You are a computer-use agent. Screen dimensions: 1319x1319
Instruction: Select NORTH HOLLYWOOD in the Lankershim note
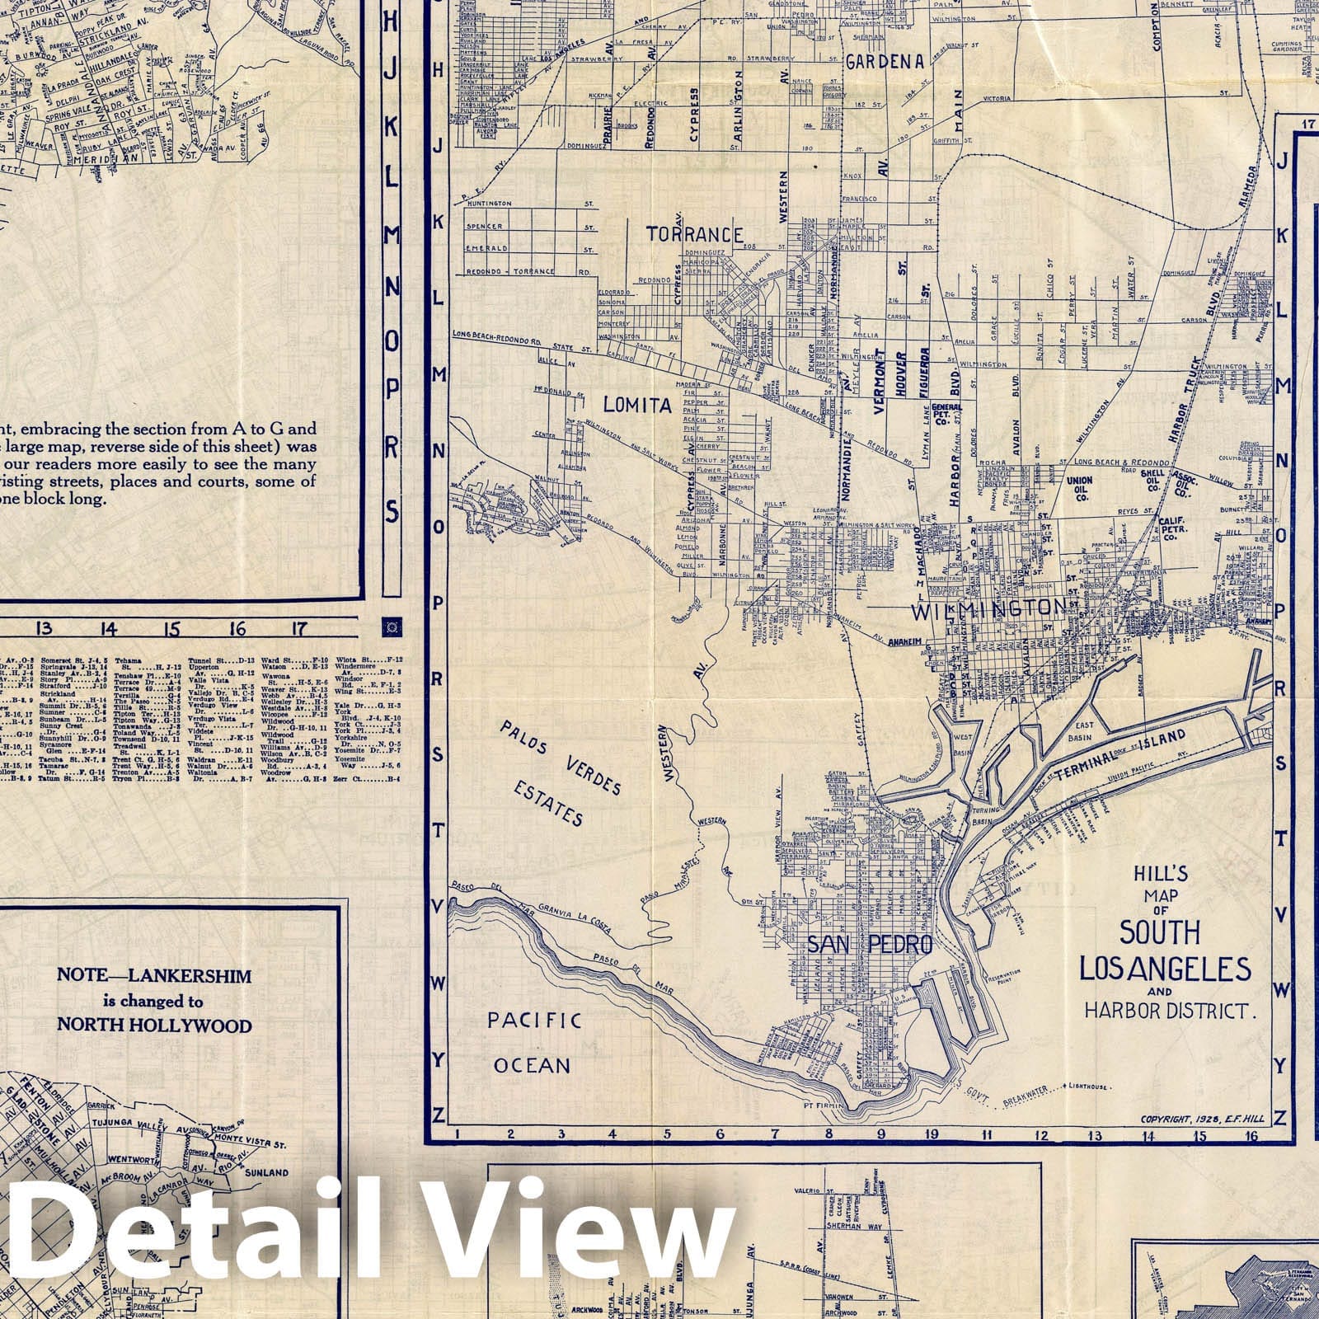click(154, 1026)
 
